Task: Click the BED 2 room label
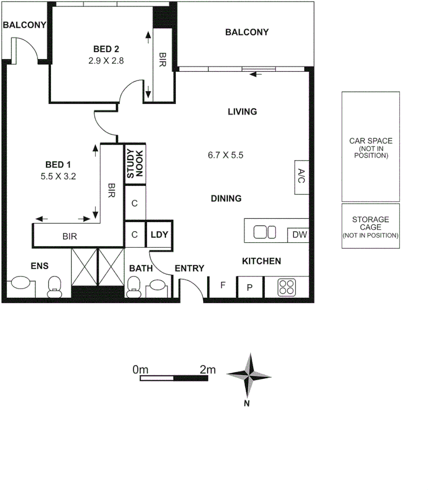pyautogui.click(x=106, y=49)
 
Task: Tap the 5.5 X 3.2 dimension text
pyautogui.click(x=58, y=176)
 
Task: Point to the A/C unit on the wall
pyautogui.click(x=301, y=177)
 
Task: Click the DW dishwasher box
pyautogui.click(x=298, y=235)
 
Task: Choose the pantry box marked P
pyautogui.click(x=250, y=287)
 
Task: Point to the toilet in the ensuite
pyautogui.click(x=55, y=286)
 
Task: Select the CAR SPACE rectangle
pyautogui.click(x=371, y=147)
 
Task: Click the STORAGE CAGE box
pyautogui.click(x=371, y=226)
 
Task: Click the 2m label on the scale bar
pyautogui.click(x=208, y=370)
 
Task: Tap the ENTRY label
pyautogui.click(x=190, y=268)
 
